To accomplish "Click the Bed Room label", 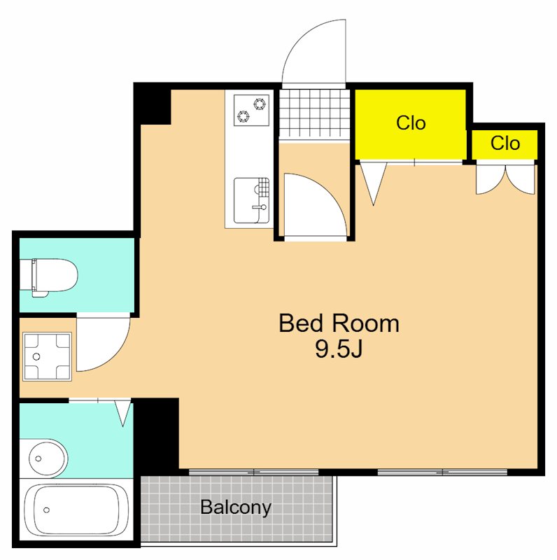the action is tap(339, 323).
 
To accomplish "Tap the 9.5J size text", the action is tap(339, 349).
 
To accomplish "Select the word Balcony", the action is tap(236, 507).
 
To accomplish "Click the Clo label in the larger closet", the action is tap(411, 123).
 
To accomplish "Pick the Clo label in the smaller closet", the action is tap(505, 143).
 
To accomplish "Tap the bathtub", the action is tap(76, 510).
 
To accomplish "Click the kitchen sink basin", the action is tap(251, 200).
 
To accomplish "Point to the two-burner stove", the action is tap(251, 110).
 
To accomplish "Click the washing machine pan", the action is tap(47, 356).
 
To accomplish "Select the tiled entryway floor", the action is tap(314, 113).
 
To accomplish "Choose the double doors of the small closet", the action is tap(505, 178).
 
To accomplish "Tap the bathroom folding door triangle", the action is tap(122, 413).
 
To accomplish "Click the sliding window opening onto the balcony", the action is tap(253, 472).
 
